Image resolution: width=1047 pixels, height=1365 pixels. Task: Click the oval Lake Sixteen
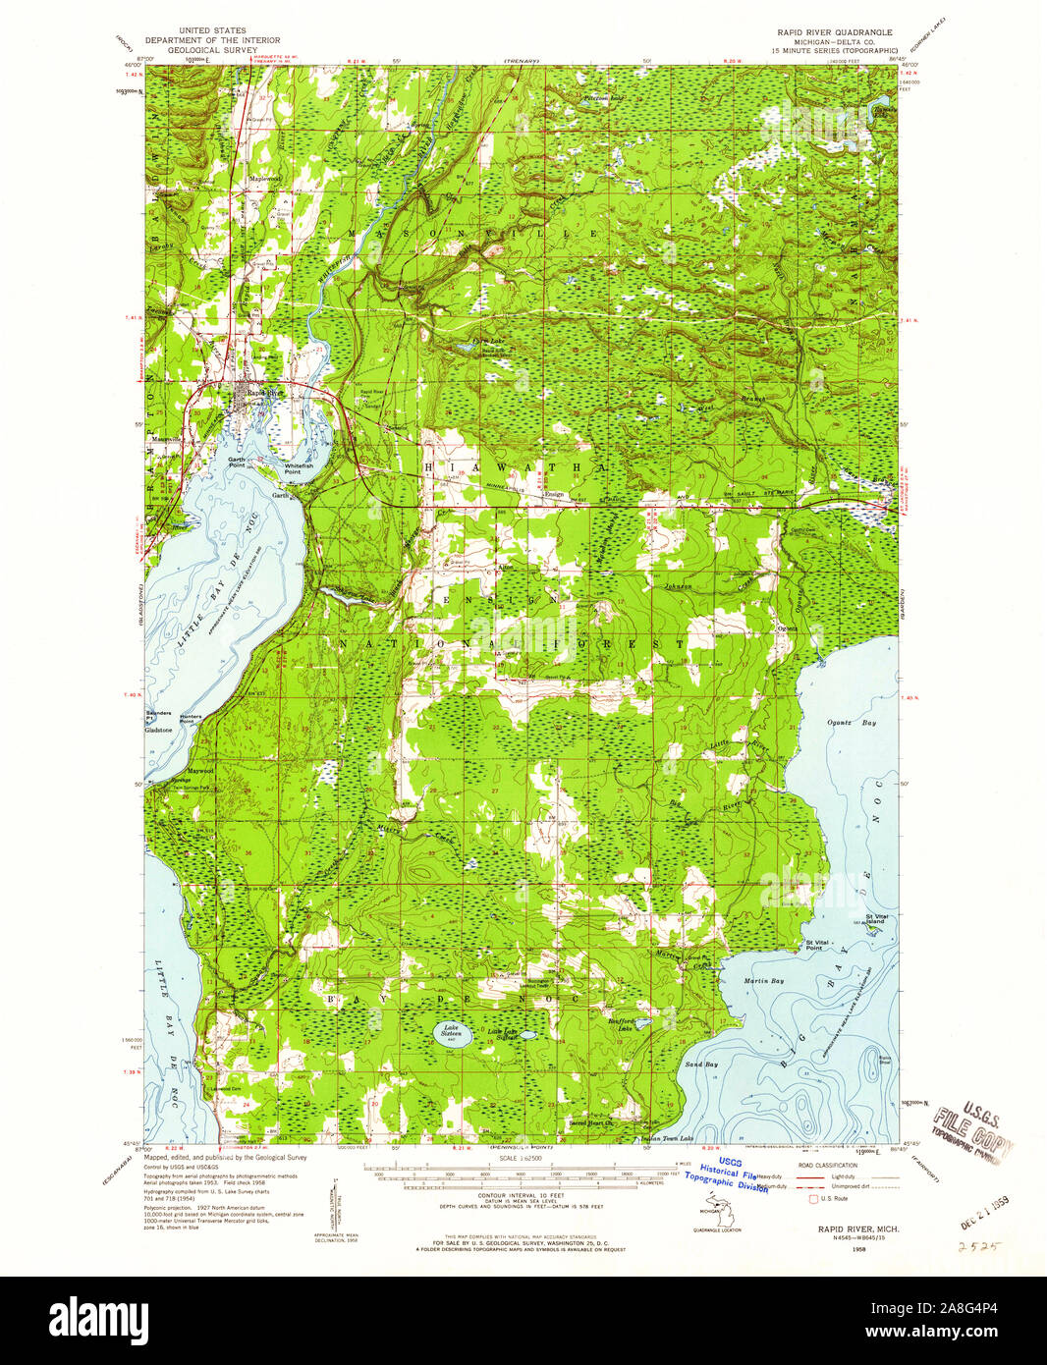452,1034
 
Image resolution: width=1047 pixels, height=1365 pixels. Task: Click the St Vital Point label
806,945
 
